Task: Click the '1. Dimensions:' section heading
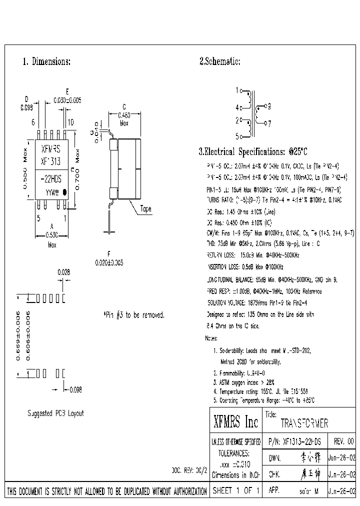[x=46, y=62]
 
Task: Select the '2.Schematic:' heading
[x=220, y=62]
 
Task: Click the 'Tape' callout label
[x=145, y=209]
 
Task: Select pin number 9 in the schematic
[x=268, y=106]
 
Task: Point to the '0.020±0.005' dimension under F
[x=109, y=262]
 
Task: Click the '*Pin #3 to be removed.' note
[x=133, y=315]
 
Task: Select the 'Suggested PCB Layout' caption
[x=55, y=413]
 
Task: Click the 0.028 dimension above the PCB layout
[x=63, y=272]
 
